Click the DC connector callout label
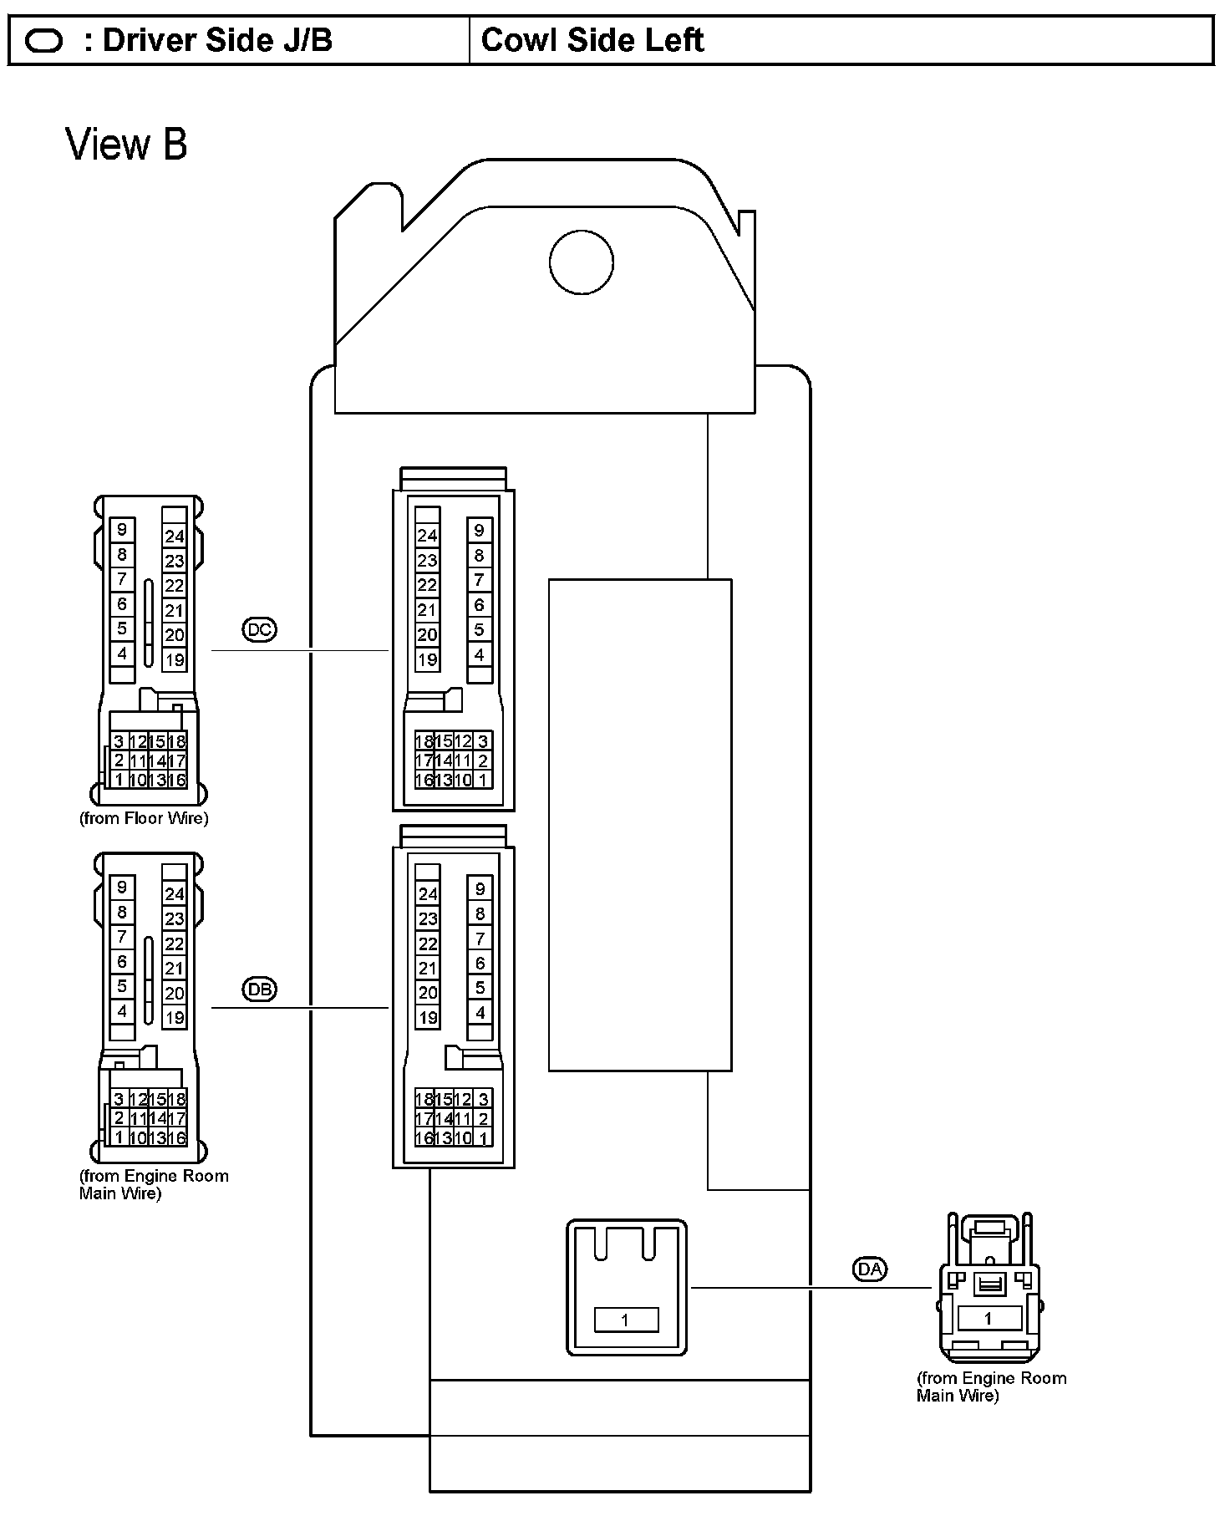(259, 628)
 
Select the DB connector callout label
(259, 989)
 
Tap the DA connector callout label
(870, 1269)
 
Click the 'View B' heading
(126, 144)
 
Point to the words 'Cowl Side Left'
(592, 40)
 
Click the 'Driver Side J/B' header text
(217, 40)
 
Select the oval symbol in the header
(43, 41)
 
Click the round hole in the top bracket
(581, 262)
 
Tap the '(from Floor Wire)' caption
(144, 818)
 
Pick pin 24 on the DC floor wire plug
(174, 537)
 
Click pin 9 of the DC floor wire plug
(122, 529)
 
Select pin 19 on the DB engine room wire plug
(174, 1018)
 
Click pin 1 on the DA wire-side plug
(988, 1318)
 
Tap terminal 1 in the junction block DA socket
(626, 1320)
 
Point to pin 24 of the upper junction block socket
(427, 536)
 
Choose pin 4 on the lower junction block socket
(480, 1013)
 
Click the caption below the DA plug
(991, 1386)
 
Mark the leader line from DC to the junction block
(301, 649)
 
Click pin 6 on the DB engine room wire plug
(122, 962)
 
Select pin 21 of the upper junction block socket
(427, 610)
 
